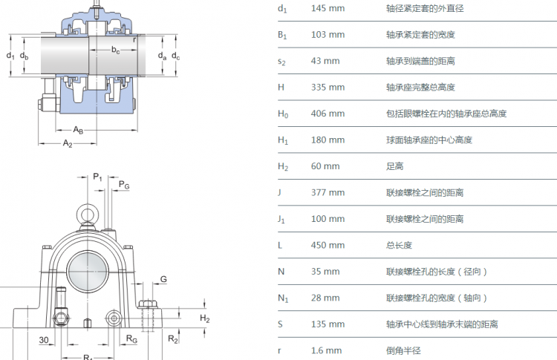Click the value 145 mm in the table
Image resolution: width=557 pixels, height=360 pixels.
coord(327,8)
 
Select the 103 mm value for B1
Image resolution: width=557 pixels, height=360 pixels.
coord(327,35)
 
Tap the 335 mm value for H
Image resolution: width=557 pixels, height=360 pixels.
coord(327,87)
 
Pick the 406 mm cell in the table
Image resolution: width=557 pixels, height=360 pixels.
coord(327,114)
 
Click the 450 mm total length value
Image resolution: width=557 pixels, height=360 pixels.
coord(327,245)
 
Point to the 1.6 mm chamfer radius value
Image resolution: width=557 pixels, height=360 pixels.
coord(327,350)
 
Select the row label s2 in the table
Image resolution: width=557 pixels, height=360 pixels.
coord(281,61)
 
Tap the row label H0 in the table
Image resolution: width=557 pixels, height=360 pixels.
coord(282,114)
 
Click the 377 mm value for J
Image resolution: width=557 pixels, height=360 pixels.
coord(327,192)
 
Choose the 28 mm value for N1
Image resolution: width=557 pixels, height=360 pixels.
coord(325,298)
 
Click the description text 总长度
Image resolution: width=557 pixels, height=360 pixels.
coord(399,245)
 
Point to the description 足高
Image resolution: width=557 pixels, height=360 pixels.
coord(394,166)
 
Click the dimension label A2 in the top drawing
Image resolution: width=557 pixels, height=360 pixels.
coord(68,143)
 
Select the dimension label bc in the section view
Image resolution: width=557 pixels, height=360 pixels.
coord(116,50)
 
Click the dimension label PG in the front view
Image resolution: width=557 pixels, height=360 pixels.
coord(123,186)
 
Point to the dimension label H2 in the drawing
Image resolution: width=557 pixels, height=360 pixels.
coord(205,318)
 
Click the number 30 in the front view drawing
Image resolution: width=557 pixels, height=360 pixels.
coord(45,340)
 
